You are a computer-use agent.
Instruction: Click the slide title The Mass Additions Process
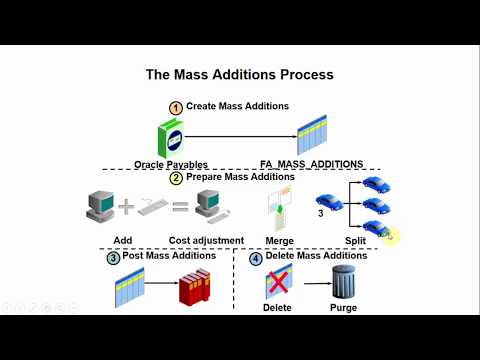239,74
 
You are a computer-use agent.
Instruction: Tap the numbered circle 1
176,106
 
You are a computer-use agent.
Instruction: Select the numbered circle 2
176,178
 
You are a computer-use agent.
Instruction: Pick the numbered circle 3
115,257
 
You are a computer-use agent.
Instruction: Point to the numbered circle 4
255,257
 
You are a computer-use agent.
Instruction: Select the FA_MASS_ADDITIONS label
311,164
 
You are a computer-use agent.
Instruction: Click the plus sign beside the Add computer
127,207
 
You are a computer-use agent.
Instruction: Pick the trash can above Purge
343,283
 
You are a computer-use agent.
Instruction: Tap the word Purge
343,308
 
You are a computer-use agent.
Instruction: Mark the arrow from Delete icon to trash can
309,285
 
